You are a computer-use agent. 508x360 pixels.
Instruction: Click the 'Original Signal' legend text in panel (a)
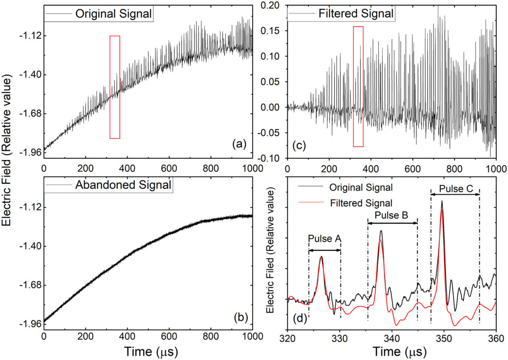coord(114,13)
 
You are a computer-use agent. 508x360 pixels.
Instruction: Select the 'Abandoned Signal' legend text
coord(123,185)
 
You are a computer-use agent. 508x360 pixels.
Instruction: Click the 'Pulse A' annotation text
coord(325,238)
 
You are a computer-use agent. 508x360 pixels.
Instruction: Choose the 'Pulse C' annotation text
coord(455,189)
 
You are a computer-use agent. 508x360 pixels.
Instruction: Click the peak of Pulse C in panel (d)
coord(442,201)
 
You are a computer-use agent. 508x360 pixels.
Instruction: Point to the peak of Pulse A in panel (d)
coord(321,257)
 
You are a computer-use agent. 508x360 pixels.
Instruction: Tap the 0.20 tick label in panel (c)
coord(274,5)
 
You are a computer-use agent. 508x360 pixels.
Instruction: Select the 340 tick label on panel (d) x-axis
coord(392,338)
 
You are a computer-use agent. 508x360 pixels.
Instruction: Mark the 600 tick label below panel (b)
coord(169,337)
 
